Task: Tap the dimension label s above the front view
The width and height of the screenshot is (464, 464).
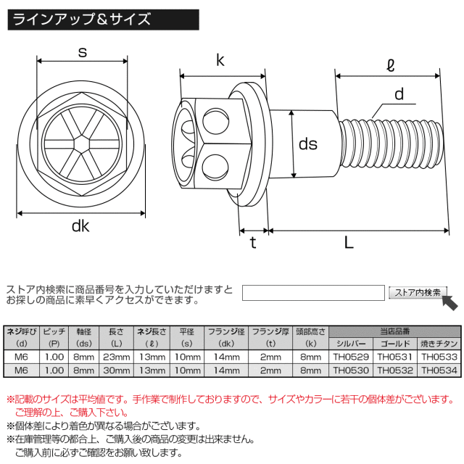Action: [82, 52]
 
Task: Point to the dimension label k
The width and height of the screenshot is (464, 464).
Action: [219, 62]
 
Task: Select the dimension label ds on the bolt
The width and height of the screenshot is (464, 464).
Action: [308, 144]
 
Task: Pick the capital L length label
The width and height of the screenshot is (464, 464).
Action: [349, 244]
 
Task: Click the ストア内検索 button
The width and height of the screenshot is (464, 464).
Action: [417, 293]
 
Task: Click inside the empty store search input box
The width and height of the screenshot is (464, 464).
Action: [312, 293]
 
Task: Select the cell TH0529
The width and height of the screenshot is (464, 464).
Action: [352, 357]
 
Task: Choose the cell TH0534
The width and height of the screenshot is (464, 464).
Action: [439, 370]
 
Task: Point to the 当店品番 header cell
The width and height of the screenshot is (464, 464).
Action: [395, 330]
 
